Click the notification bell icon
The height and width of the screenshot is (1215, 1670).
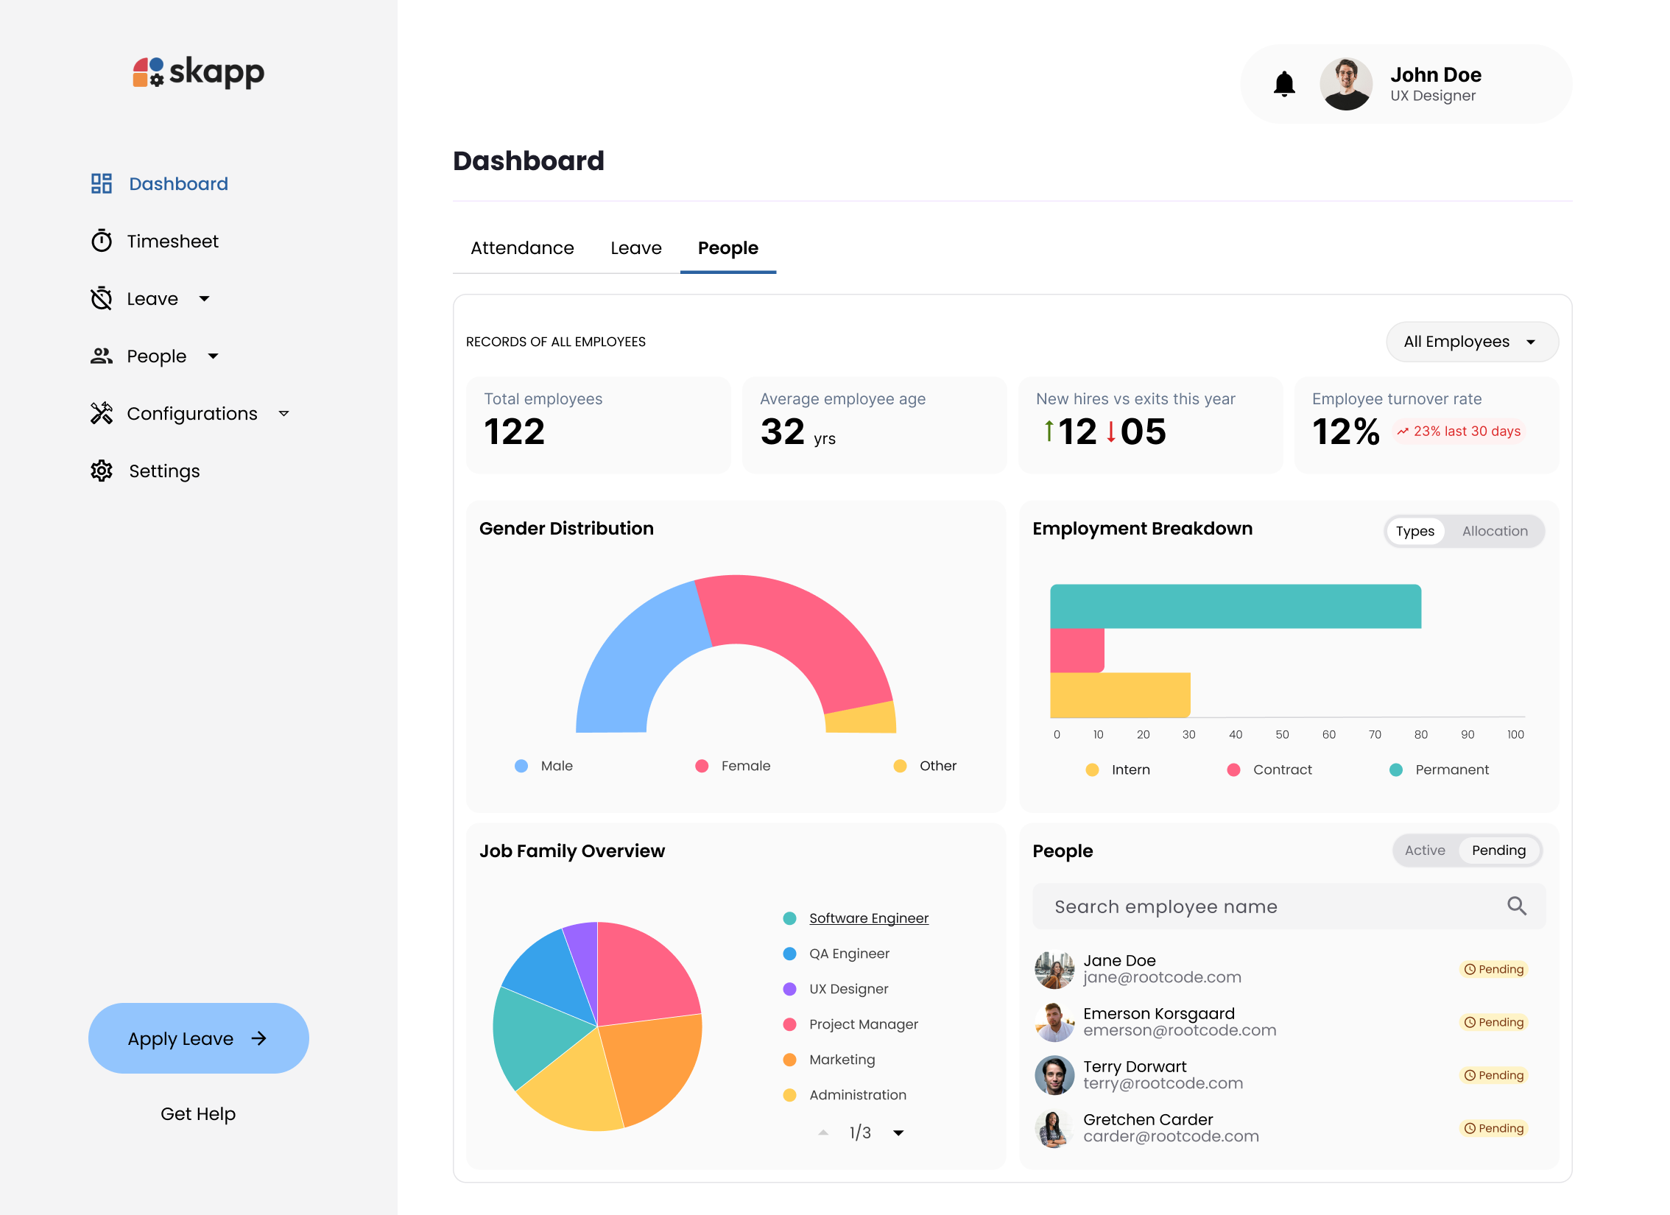point(1284,84)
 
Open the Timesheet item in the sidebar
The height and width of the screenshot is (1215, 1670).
point(172,242)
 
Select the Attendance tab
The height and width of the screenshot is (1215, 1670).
point(522,248)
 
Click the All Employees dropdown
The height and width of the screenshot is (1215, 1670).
point(1471,342)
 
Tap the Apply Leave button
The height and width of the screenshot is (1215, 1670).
point(198,1038)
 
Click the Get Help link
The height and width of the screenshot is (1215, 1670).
point(198,1113)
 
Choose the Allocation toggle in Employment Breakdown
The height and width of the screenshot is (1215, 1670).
point(1494,531)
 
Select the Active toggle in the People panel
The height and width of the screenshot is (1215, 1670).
point(1424,850)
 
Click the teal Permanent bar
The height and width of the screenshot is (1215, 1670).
point(1235,606)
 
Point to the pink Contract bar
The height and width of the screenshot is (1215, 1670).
point(1077,650)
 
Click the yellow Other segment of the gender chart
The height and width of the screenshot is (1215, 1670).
point(862,718)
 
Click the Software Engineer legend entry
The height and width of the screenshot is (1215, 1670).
point(868,918)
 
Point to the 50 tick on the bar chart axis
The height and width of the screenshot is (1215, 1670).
point(1282,734)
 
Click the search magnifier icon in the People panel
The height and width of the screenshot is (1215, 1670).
point(1516,906)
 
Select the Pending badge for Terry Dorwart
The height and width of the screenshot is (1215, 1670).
point(1493,1075)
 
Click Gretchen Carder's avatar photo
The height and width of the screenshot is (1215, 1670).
point(1054,1128)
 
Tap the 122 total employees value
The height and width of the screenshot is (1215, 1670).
point(514,432)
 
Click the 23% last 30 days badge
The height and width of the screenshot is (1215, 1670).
point(1459,432)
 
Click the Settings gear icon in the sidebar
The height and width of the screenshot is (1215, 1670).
point(102,471)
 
